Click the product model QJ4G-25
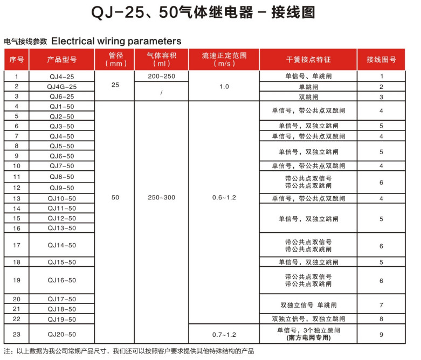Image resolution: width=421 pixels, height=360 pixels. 62,87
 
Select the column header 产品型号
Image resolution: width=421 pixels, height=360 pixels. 62,59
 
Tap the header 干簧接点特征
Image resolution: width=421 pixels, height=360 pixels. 308,59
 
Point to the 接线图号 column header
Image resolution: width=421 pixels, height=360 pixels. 381,59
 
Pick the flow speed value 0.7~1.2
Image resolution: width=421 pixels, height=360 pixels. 224,335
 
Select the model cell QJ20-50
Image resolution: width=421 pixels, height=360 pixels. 62,335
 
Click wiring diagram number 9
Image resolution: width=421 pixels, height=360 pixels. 381,335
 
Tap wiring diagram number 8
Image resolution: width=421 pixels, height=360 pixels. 381,319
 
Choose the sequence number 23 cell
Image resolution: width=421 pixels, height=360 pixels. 17,335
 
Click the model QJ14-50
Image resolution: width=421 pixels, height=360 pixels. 62,246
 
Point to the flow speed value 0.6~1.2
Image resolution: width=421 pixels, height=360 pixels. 224,198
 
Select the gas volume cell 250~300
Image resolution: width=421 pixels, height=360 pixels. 161,198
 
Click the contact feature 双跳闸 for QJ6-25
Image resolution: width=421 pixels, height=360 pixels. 308,97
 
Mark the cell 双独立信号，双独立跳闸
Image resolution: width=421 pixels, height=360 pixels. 308,319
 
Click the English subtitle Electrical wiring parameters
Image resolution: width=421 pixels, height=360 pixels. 116,41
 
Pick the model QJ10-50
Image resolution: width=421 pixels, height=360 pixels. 62,198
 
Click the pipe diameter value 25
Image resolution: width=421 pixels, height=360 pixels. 115,85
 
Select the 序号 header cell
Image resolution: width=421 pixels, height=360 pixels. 17,59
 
